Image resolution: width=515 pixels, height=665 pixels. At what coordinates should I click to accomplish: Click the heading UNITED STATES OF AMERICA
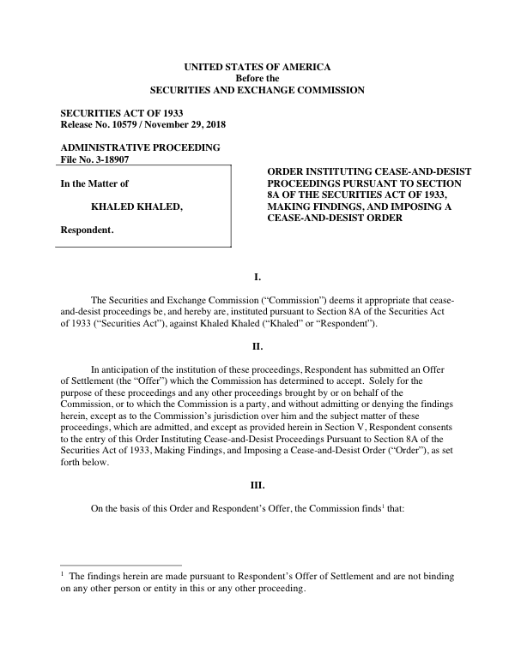[257, 67]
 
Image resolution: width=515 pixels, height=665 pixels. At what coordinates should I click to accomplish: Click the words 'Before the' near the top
[257, 78]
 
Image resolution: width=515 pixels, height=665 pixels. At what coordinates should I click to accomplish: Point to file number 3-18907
[109, 159]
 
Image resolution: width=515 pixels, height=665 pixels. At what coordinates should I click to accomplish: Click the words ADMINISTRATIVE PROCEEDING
[140, 147]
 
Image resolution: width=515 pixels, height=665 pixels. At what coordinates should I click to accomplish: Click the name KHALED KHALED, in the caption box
[136, 207]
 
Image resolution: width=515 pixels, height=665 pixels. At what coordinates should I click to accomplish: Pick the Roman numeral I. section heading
[257, 278]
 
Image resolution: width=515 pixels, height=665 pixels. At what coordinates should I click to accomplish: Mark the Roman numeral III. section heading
[257, 485]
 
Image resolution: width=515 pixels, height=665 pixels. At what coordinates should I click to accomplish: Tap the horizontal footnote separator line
[121, 565]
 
